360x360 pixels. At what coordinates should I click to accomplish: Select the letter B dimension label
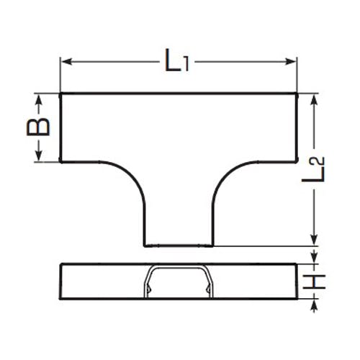pyautogui.click(x=40, y=127)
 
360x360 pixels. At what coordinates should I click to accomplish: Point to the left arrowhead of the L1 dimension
pyautogui.click(x=64, y=62)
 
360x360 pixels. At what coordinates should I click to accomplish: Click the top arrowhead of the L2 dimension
pyautogui.click(x=314, y=98)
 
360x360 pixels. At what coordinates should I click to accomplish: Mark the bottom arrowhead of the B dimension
pyautogui.click(x=40, y=158)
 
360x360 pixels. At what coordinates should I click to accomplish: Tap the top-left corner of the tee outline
pyautogui.click(x=60, y=94)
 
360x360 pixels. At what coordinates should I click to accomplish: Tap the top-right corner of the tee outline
pyautogui.click(x=297, y=94)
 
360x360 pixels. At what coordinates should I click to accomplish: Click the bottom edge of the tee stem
pyautogui.click(x=179, y=246)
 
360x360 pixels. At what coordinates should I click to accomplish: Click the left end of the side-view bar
pyautogui.click(x=60, y=281)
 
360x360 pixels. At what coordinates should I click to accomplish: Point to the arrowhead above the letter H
pyautogui.click(x=315, y=259)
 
